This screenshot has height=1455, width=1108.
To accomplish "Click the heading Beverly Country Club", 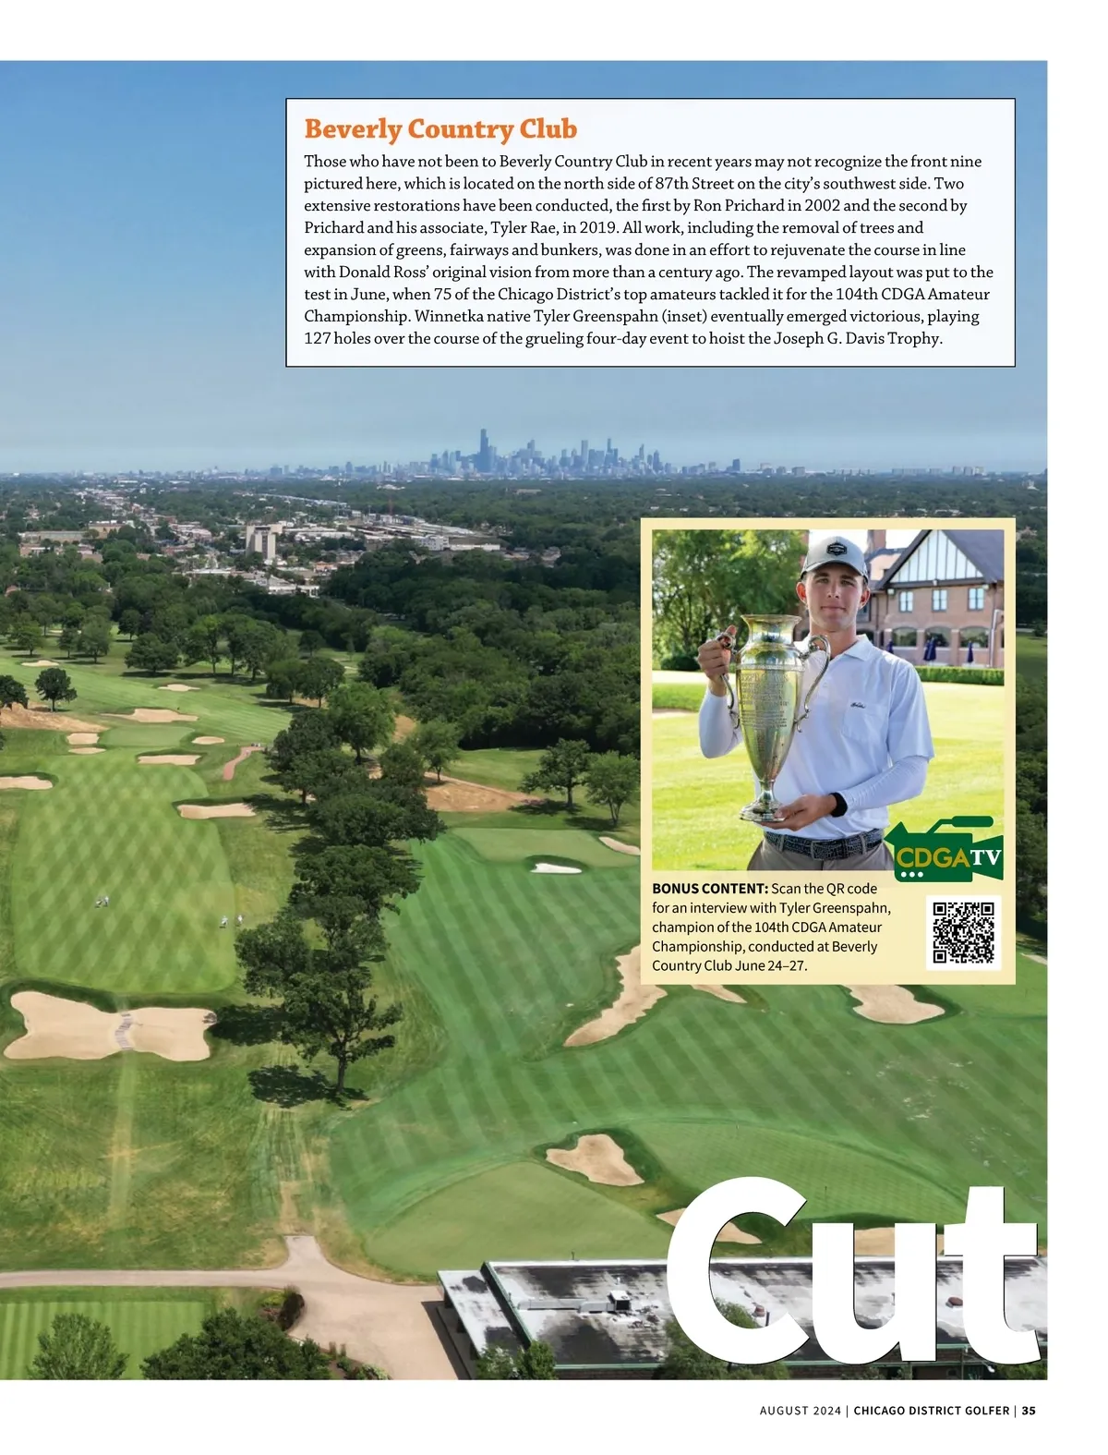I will tap(440, 129).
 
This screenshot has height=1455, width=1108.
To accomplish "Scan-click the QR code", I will tap(963, 932).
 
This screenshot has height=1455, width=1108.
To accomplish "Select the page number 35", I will tap(1029, 1411).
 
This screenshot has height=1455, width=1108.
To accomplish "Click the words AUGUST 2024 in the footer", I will tap(800, 1411).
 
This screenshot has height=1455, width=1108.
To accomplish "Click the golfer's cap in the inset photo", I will tap(834, 554).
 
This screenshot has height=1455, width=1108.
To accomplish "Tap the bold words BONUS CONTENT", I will tap(709, 889).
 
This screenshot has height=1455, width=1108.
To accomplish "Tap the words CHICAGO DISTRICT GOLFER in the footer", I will tap(931, 1411).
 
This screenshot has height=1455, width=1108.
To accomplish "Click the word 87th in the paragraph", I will tap(670, 184).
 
